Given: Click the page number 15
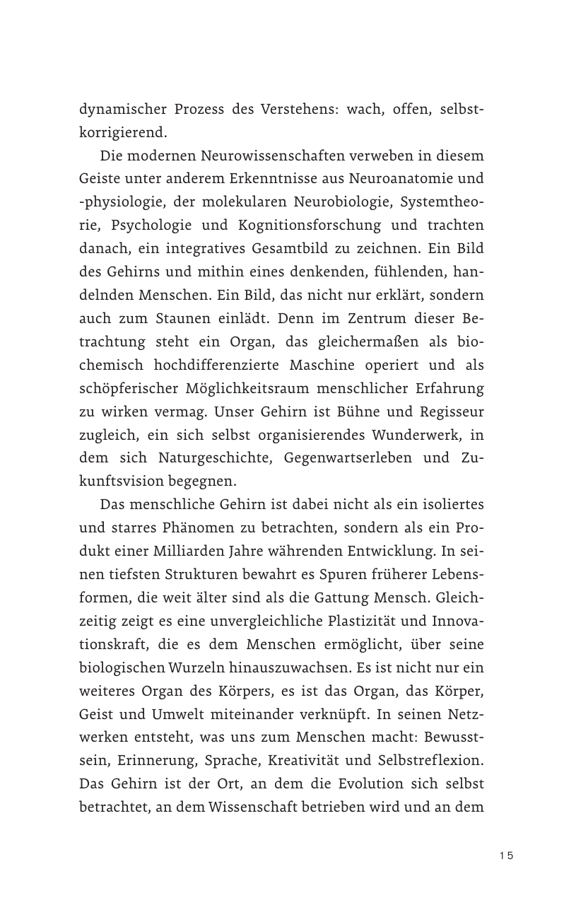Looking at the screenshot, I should click(x=505, y=856).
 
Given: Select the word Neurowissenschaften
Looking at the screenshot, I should click(x=260, y=156).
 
